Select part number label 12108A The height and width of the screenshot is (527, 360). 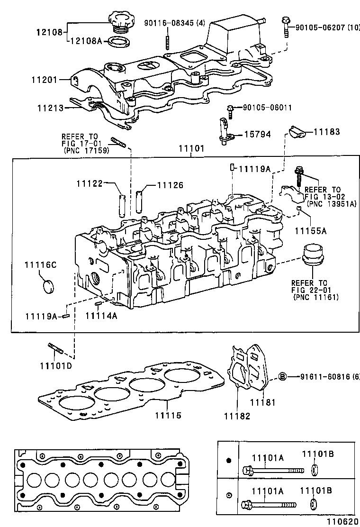pos(86,42)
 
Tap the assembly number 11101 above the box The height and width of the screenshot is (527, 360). pos(191,148)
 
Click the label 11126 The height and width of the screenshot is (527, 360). pos(170,186)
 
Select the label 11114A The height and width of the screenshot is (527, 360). pos(101,316)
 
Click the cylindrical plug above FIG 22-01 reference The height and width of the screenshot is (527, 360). pos(312,256)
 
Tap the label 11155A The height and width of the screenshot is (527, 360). pos(311,231)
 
